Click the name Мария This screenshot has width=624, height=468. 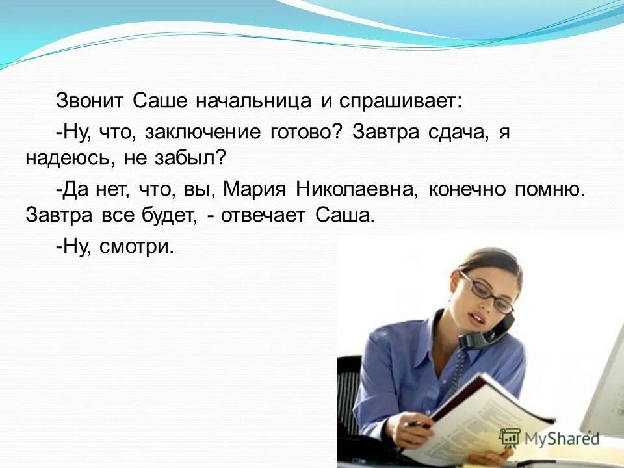click(x=254, y=189)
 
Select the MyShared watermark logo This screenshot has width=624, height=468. click(x=549, y=437)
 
